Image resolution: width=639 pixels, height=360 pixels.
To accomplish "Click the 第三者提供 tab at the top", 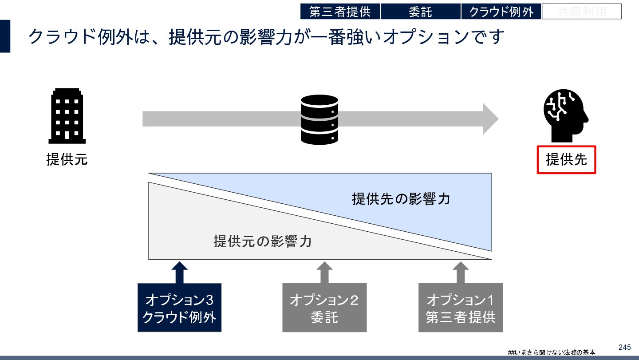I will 340,12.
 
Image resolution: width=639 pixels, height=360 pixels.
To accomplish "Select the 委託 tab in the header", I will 420,12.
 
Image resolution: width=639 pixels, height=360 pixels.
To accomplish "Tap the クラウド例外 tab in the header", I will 501,12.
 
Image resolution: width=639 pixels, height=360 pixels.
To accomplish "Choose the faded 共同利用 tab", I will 581,12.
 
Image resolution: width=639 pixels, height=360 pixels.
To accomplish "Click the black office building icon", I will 67,116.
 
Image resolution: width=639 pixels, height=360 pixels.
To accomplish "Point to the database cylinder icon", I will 319,119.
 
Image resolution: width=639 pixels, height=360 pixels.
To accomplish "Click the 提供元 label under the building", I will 67,159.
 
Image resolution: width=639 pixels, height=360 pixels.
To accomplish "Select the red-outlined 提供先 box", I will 566,160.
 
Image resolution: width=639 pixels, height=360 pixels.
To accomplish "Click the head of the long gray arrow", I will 490,119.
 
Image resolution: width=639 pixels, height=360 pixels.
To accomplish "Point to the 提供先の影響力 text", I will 401,198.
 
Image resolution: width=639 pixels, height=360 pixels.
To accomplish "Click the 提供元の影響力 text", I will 262,241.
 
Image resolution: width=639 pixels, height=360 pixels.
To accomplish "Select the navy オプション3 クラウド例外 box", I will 179,308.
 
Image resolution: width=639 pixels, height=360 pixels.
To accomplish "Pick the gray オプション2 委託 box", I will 324,308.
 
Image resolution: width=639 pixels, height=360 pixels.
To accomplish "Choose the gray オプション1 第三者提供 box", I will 460,308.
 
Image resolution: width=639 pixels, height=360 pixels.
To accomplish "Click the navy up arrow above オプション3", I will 179,272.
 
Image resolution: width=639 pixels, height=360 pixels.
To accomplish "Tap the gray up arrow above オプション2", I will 324,272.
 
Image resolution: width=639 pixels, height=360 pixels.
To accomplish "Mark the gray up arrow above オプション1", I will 460,272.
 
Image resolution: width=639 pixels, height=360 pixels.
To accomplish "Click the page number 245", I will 624,347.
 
